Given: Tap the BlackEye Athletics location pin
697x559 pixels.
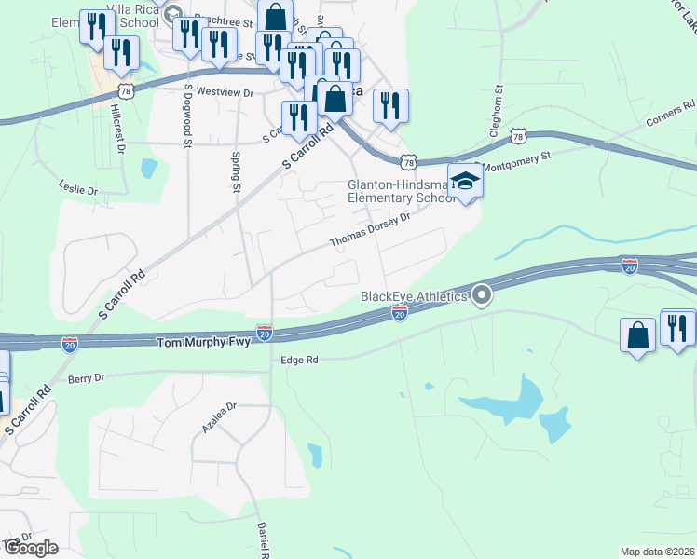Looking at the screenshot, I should pos(482,296).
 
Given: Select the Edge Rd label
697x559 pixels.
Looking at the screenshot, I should pos(299,359).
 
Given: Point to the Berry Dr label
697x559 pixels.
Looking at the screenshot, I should pos(87,378).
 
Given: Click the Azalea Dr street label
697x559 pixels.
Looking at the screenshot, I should pos(220,418).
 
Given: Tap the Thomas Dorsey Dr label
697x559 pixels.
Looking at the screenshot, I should pos(370,231).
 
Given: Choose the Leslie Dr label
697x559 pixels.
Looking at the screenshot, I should pos(77,189).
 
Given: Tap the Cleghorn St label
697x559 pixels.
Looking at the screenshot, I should pos(498,109).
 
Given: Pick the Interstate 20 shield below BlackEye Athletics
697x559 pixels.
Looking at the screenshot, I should pos(399,316).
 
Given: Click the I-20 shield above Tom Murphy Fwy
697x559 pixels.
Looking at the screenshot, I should pos(265,331).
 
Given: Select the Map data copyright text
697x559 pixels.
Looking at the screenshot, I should pos(657,552).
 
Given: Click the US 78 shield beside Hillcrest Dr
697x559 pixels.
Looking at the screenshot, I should pos(127,89).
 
